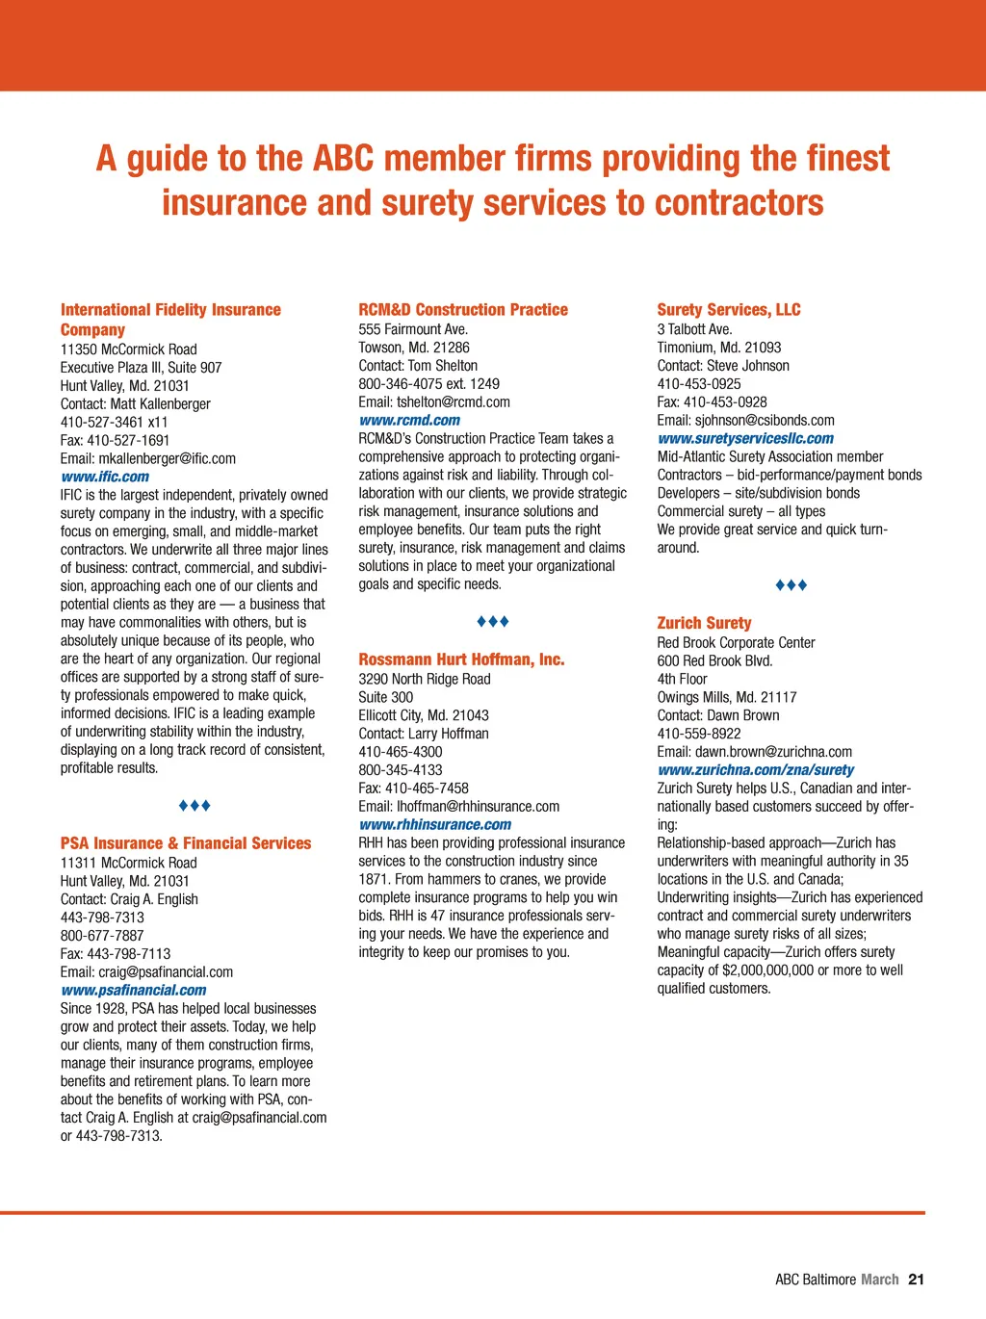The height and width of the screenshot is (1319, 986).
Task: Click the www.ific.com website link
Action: [x=105, y=477]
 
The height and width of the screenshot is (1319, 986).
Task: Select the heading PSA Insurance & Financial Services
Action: [x=186, y=843]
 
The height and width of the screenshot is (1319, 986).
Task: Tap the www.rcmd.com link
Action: [x=409, y=420]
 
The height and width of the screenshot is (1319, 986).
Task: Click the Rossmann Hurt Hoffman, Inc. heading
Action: [x=461, y=659]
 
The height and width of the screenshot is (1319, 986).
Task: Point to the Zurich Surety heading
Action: [x=704, y=623]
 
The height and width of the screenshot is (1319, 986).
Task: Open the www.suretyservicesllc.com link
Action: [x=745, y=438]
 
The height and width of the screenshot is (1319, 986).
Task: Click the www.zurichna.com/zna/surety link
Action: [x=755, y=769]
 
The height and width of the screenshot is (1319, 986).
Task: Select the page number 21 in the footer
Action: [x=916, y=1280]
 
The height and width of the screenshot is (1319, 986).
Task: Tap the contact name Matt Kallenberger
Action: [x=163, y=404]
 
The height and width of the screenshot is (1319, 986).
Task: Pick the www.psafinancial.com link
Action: [x=134, y=990]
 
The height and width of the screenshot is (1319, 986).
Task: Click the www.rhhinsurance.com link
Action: [x=435, y=824]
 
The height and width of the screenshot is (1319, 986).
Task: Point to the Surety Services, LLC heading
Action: [x=729, y=310]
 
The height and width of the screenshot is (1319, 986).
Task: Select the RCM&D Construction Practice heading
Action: [x=463, y=310]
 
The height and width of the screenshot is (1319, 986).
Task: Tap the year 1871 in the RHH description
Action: [x=376, y=879]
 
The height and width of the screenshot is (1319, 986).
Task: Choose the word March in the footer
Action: [x=879, y=1280]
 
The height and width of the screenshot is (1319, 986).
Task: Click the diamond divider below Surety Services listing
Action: [x=791, y=585]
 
